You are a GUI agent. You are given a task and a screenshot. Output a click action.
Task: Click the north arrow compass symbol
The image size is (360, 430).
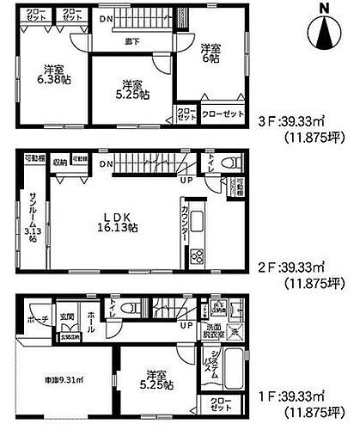click(325, 32)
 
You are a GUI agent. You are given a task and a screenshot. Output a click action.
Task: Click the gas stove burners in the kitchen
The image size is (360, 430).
click(195, 256)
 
